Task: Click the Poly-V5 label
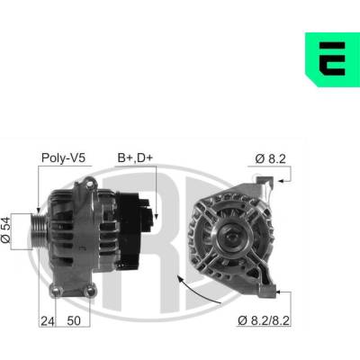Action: [63, 157]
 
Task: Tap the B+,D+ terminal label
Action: [135, 157]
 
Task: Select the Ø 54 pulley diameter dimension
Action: [5, 230]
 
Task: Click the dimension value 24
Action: [48, 321]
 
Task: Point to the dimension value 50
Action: [74, 321]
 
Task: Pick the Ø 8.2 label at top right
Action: [270, 158]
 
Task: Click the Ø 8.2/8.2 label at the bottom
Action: [264, 320]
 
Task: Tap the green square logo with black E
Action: [332, 59]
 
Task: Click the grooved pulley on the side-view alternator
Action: [40, 231]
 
